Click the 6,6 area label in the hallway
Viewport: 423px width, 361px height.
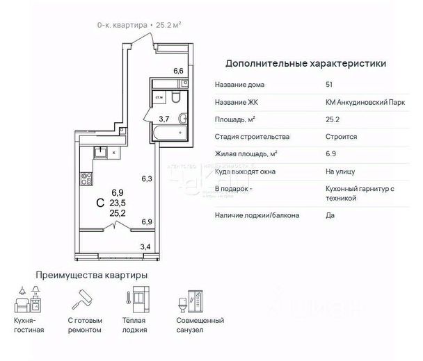pos(178,71)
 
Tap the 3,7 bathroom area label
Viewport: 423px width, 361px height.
pos(164,119)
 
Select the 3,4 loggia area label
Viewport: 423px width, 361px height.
pos(145,246)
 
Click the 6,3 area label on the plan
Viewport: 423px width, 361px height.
pos(147,178)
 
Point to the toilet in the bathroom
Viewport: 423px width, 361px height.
pos(175,97)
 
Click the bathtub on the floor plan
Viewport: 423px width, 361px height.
pos(170,133)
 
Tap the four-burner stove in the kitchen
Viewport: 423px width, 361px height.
pos(86,179)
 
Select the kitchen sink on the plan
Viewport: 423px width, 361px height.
pos(100,153)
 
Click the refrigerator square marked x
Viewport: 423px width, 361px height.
pos(114,153)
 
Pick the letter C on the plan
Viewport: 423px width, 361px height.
pos(100,203)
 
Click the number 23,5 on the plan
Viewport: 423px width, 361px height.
pos(118,203)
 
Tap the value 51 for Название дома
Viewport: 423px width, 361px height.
pos(329,85)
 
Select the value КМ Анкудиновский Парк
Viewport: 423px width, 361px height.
pos(365,102)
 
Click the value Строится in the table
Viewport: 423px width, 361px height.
pos(342,137)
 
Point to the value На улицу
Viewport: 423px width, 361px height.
pos(340,171)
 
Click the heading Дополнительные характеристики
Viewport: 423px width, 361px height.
pos(305,64)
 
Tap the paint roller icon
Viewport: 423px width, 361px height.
pos(82,299)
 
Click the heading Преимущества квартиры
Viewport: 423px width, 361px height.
pos(92,276)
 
